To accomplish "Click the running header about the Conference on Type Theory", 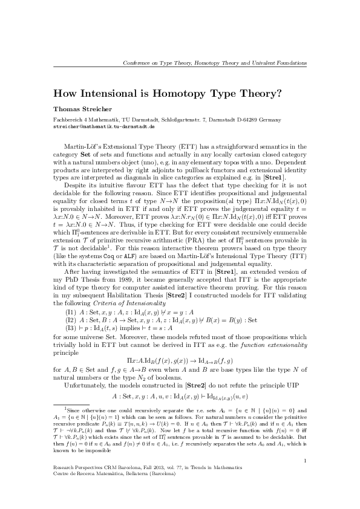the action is click(x=214, y=63).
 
